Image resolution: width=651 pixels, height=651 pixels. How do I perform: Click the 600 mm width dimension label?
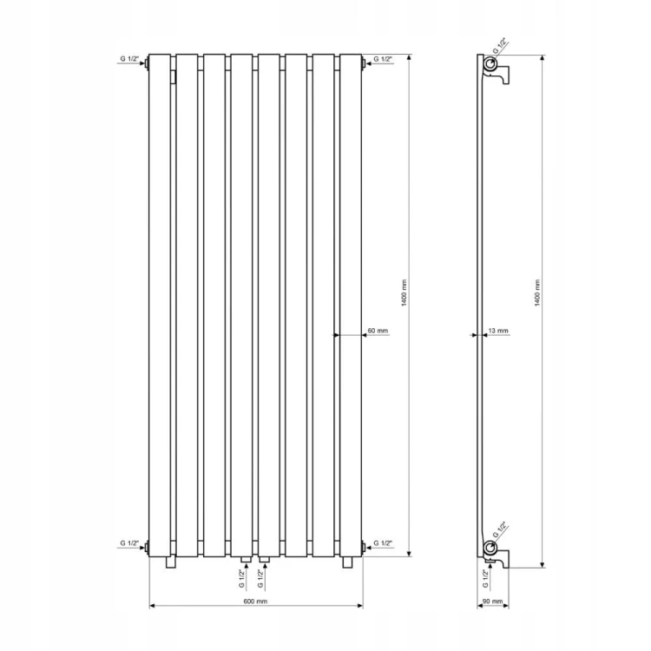coord(255,602)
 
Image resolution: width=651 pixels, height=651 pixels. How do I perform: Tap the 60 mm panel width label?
coord(378,331)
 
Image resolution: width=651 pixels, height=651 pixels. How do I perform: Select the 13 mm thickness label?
coord(498,331)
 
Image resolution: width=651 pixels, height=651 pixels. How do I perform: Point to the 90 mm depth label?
coord(493,602)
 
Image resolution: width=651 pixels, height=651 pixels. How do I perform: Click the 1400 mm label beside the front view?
coord(404,293)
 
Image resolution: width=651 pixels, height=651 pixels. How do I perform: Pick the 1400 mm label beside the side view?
coord(537,293)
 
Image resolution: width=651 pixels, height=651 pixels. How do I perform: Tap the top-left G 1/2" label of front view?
coord(129,59)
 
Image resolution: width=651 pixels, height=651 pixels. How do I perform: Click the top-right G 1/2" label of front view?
coord(383,59)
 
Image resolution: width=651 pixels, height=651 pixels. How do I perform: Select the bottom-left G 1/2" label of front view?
coord(129,543)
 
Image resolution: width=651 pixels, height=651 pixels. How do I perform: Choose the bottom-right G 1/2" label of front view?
coord(383,543)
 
